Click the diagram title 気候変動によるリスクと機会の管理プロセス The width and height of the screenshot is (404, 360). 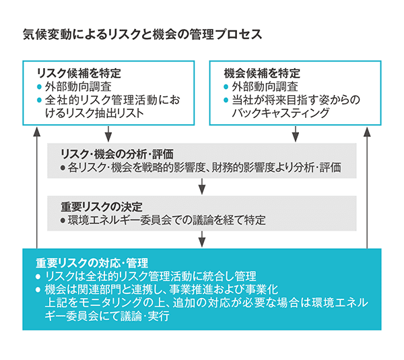(x=143, y=34)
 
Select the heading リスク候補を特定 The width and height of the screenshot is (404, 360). (x=79, y=73)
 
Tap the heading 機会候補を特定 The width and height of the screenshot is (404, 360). (x=262, y=73)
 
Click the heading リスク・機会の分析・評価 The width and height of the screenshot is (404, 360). (x=116, y=154)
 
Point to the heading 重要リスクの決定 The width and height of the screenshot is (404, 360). (x=102, y=207)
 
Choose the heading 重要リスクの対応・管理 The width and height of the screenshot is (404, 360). (x=92, y=263)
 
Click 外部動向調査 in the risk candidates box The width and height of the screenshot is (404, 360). (x=78, y=87)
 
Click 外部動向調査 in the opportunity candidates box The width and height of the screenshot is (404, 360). (x=265, y=87)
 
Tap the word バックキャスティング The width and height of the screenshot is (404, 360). (x=280, y=113)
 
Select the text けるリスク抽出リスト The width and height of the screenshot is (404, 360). (x=94, y=113)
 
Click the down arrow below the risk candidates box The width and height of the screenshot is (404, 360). (x=108, y=134)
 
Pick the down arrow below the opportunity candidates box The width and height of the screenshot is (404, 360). (x=296, y=134)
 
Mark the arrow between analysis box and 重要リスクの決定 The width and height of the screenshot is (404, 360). (x=202, y=187)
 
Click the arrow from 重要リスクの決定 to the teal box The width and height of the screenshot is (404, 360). (x=202, y=239)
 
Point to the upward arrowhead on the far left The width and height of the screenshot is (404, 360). (x=37, y=131)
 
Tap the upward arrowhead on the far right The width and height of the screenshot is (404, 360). (x=367, y=131)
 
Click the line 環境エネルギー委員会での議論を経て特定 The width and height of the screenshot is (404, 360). (x=166, y=220)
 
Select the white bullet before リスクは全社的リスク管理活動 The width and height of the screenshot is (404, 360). (x=38, y=276)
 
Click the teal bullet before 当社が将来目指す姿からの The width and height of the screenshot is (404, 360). (x=226, y=100)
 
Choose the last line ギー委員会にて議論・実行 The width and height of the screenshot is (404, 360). (x=107, y=316)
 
